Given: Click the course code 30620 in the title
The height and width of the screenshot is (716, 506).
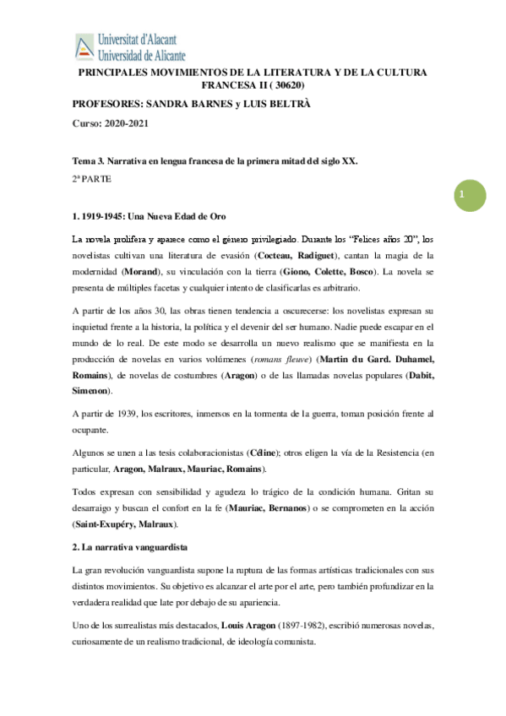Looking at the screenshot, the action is [286, 85].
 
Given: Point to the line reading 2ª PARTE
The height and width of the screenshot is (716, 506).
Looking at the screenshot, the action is [93, 179].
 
